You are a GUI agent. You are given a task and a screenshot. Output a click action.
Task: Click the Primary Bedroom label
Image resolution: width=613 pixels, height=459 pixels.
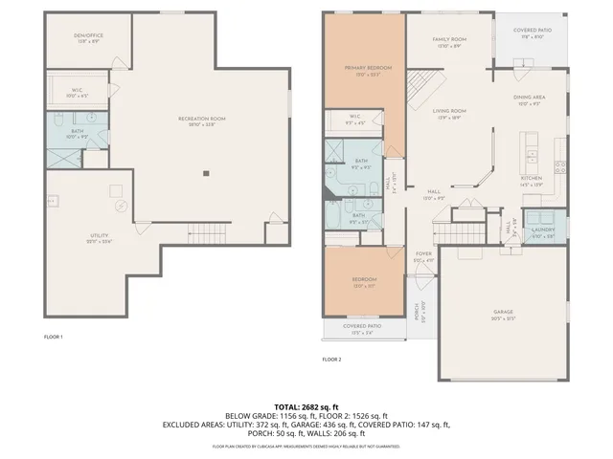362,69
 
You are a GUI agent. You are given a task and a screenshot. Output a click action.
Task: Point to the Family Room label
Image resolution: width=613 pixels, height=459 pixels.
449,39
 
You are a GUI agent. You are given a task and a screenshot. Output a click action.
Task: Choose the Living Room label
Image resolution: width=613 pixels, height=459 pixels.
448,111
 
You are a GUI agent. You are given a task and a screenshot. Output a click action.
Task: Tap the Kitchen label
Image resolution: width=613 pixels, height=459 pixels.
532,179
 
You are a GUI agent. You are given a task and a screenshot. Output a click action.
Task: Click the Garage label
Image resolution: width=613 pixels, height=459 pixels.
503,312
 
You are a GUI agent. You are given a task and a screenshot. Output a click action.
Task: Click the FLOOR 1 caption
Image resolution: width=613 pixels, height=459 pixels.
54,338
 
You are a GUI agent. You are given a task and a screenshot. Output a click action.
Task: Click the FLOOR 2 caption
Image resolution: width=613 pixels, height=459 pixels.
331,360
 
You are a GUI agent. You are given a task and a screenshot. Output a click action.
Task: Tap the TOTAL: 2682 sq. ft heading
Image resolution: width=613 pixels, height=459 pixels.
306,406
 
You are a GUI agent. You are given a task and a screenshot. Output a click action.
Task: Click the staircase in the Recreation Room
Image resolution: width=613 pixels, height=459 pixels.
204,230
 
